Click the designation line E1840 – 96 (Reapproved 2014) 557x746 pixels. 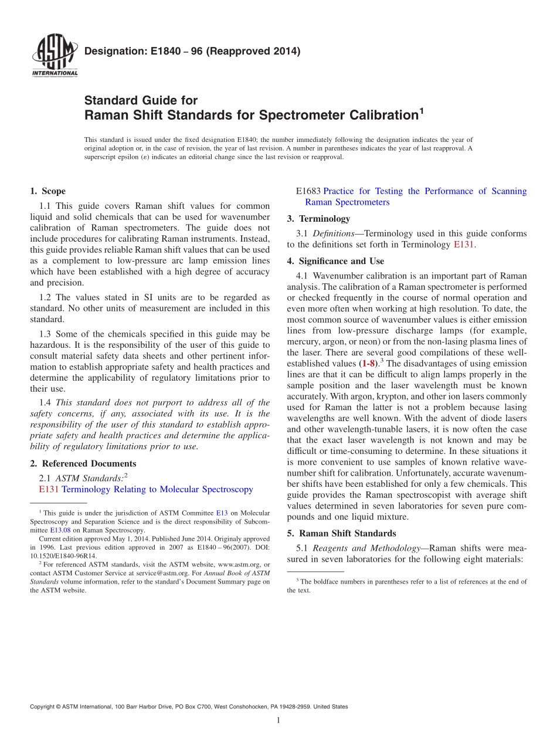pyautogui.click(x=192, y=51)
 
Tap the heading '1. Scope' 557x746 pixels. pyautogui.click(x=47, y=191)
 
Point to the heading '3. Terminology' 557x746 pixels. pyautogui.click(x=318, y=219)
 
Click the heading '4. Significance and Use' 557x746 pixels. pyautogui.click(x=335, y=261)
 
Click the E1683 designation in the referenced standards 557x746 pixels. pyautogui.click(x=308, y=191)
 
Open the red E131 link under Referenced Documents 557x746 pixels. pyautogui.click(x=49, y=489)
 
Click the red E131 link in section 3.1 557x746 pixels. pyautogui.click(x=463, y=245)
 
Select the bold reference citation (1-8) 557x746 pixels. pyautogui.click(x=368, y=364)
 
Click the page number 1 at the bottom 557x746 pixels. pyautogui.click(x=278, y=720)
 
